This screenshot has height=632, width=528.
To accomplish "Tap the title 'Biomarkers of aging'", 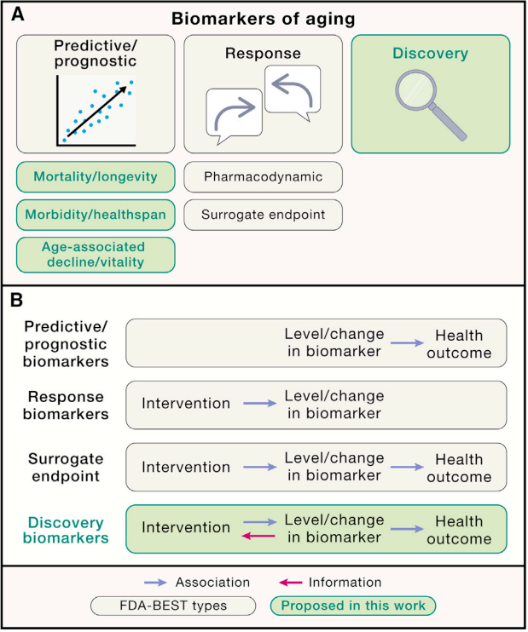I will pos(265,18).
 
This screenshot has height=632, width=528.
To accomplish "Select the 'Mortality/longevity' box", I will pos(96,177).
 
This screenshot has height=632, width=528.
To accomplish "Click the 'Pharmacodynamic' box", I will pos(264,177).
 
